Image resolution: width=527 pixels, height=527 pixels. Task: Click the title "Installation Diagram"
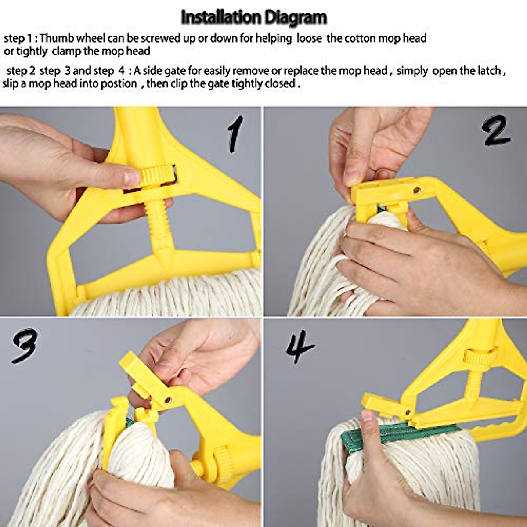pos(254,18)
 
